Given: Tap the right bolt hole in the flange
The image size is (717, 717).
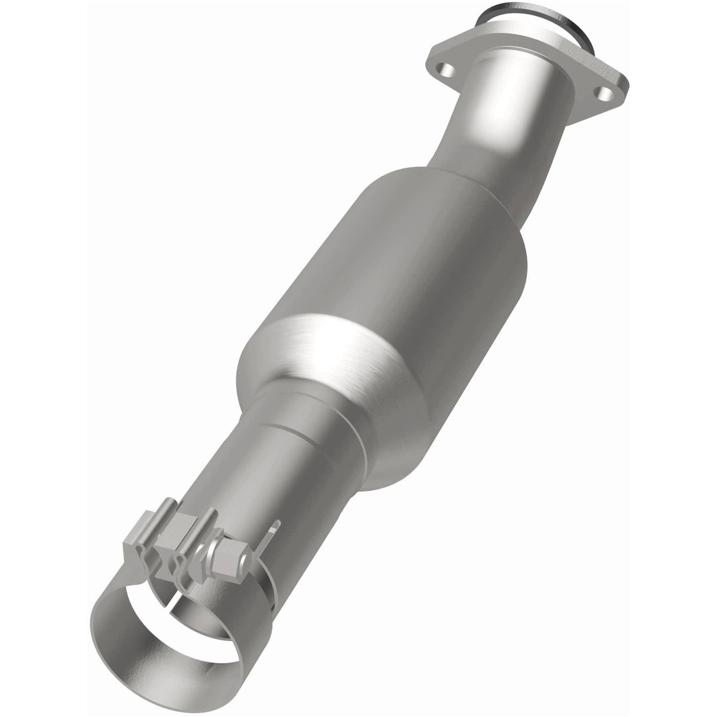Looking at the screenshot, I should (x=604, y=93).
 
